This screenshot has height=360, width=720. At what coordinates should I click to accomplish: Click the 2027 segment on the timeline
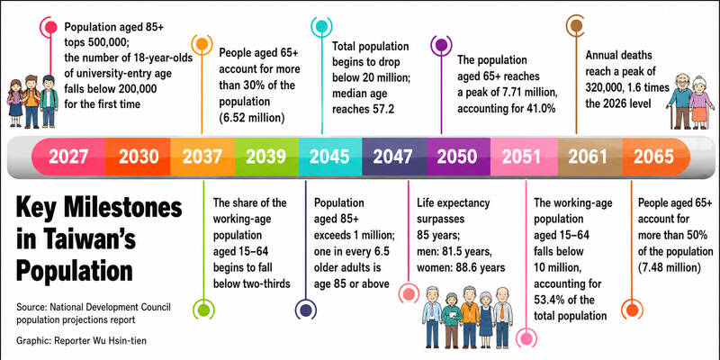68,157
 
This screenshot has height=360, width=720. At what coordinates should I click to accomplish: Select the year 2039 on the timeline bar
265,157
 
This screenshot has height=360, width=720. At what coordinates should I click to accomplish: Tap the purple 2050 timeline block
457,157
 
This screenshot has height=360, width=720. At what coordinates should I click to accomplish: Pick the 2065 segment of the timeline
653,157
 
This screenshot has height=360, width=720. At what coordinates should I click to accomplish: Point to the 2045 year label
329,157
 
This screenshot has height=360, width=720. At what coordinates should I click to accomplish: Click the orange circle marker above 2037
202,44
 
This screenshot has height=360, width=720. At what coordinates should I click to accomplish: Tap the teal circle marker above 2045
321,27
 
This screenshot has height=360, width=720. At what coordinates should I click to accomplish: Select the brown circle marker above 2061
576,25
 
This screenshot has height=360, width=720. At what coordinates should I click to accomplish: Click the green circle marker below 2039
203,310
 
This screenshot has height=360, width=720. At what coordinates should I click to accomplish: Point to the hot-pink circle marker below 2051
526,338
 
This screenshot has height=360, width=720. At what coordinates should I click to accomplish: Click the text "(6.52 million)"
252,118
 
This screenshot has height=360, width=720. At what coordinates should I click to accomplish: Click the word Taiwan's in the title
99,239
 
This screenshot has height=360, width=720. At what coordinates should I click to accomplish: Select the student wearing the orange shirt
31,101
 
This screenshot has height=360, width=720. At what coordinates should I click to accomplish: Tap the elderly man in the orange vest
470,317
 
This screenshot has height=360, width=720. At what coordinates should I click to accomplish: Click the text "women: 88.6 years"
461,267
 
